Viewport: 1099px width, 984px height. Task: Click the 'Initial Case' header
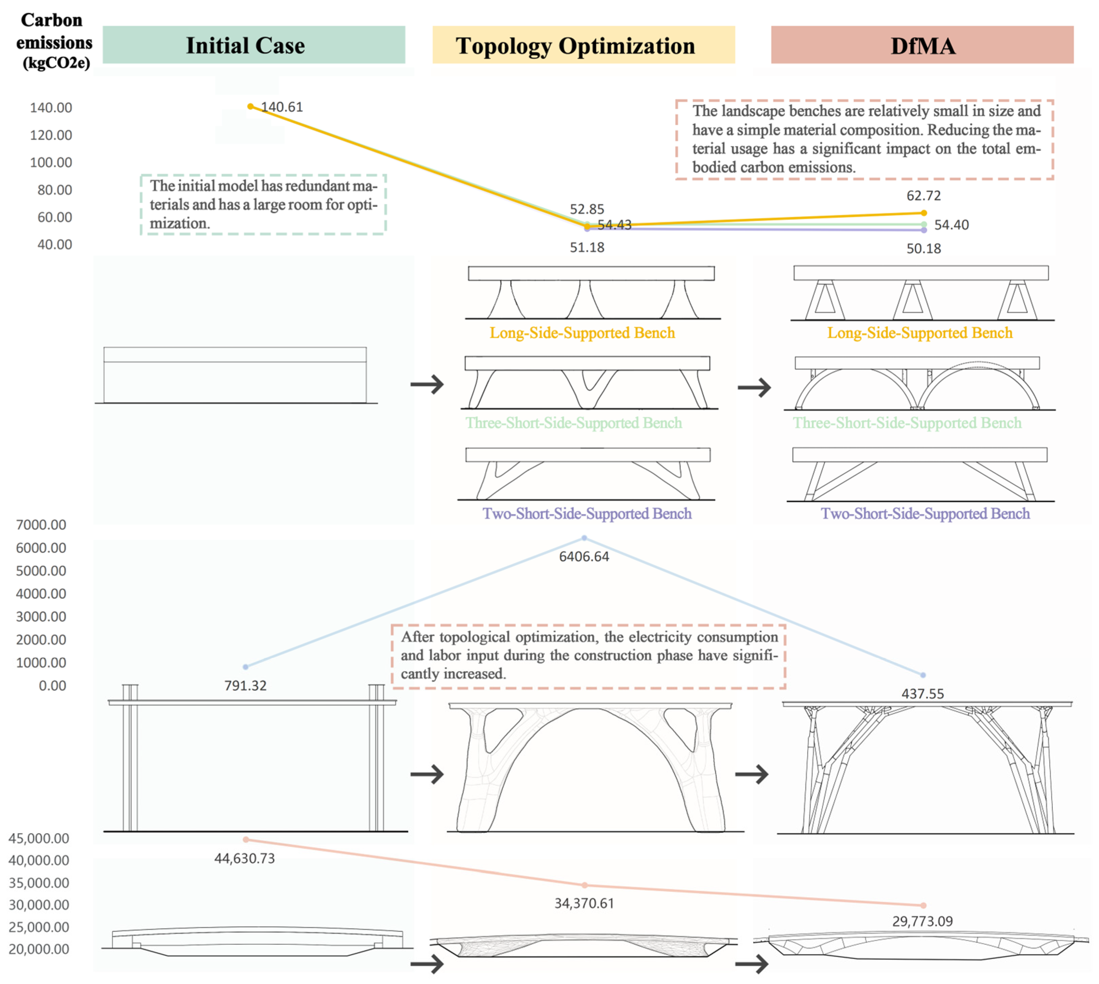(x=245, y=45)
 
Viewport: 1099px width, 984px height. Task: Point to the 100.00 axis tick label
(x=51, y=162)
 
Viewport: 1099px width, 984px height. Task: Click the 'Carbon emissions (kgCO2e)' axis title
(x=54, y=41)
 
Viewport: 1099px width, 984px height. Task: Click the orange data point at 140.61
(x=250, y=107)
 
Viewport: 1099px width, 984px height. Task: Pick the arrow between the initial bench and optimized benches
(x=427, y=384)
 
